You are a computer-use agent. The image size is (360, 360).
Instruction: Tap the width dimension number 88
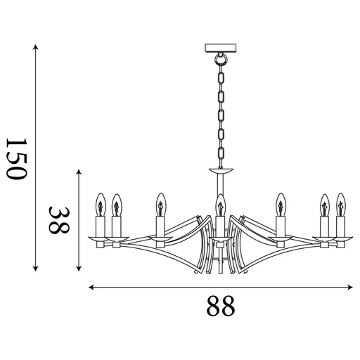click(x=220, y=306)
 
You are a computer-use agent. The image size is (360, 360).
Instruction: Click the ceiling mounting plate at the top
click(x=220, y=49)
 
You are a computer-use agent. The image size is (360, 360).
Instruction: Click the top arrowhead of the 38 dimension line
click(x=79, y=171)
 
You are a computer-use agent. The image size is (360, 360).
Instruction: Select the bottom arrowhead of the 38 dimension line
click(x=79, y=267)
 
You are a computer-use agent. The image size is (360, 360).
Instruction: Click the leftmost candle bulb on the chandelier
click(x=100, y=205)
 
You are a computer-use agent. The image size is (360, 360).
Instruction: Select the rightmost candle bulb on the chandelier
click(x=341, y=205)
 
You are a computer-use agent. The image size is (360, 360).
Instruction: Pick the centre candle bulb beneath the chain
click(x=220, y=205)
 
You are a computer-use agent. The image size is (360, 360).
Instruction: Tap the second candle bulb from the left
click(x=117, y=205)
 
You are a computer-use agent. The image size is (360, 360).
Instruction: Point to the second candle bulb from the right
click(x=324, y=205)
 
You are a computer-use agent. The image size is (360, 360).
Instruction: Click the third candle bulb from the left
click(x=160, y=205)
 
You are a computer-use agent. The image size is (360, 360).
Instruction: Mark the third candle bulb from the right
click(x=281, y=205)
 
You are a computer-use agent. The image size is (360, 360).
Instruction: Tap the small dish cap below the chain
click(x=220, y=170)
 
